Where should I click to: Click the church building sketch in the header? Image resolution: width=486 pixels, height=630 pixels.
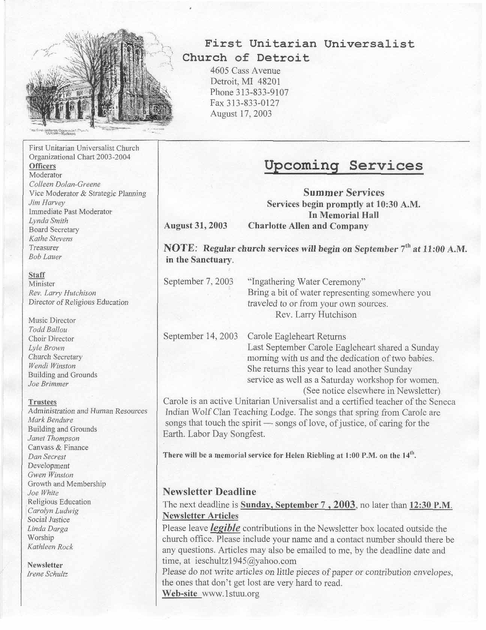(x=100, y=81)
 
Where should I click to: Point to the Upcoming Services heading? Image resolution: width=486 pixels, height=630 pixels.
(x=343, y=165)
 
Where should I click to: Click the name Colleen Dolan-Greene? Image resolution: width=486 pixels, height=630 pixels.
(x=64, y=184)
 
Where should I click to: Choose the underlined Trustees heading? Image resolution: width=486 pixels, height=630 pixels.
(x=42, y=402)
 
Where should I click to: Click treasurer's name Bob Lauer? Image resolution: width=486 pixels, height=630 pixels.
(x=45, y=257)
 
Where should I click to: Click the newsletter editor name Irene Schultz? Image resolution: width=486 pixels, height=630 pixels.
(x=48, y=574)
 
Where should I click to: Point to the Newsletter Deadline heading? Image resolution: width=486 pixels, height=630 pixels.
(x=210, y=491)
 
